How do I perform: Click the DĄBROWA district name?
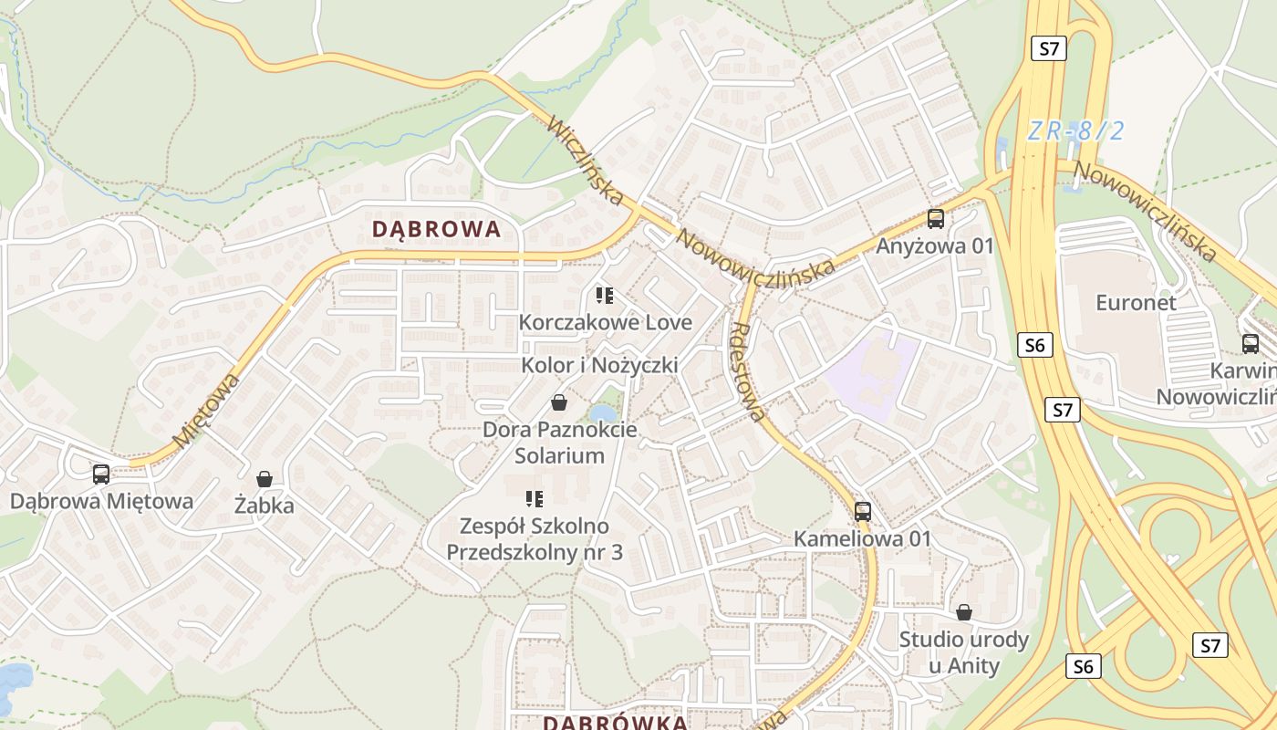coord(437,229)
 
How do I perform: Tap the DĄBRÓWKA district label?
coord(616,723)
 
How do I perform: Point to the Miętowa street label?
coord(207,410)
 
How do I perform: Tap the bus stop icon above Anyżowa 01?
coord(935,219)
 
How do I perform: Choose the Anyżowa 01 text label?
coord(935,245)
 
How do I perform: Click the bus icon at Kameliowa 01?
coord(863,511)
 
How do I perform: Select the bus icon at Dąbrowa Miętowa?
coord(101,474)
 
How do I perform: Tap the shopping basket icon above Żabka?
coord(265,478)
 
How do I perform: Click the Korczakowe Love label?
coord(606,322)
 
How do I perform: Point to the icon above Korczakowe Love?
coord(604,295)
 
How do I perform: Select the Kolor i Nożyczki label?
coord(599,365)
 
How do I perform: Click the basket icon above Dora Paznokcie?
coord(559,402)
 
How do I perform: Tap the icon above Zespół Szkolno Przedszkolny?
coord(535,498)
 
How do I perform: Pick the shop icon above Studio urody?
coord(964,611)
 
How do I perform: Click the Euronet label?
coord(1136,302)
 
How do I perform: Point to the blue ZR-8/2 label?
coord(1075,130)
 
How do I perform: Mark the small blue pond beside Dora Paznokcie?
coord(603,413)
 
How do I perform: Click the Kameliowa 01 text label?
coord(862,538)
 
